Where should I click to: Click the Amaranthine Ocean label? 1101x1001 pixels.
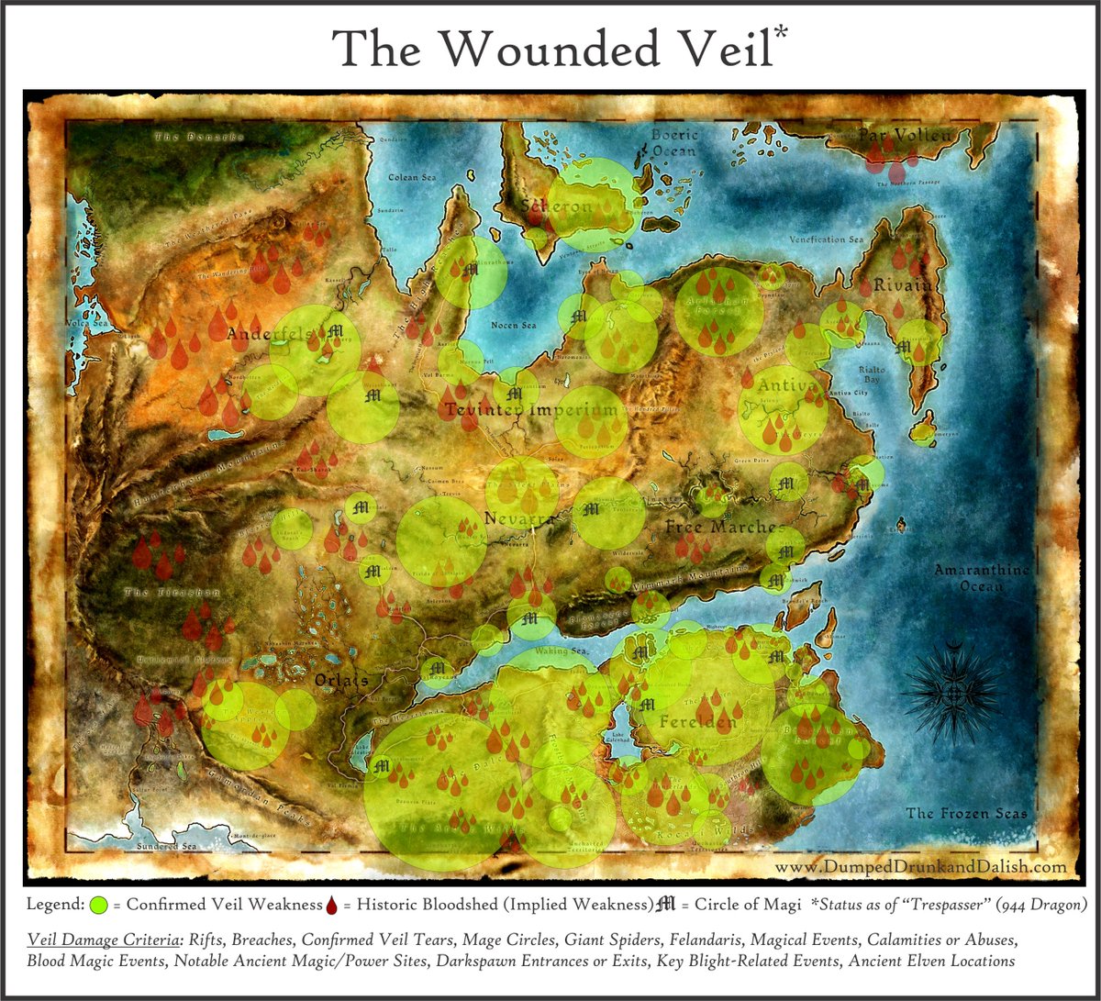(976, 577)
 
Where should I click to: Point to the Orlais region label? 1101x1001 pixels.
(340, 680)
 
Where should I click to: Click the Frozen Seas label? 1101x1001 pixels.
(966, 813)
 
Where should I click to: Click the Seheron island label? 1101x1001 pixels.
(557, 207)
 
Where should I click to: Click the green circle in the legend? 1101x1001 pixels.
(100, 905)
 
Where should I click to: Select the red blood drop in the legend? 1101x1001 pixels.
(331, 905)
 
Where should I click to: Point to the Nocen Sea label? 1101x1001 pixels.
(515, 326)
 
